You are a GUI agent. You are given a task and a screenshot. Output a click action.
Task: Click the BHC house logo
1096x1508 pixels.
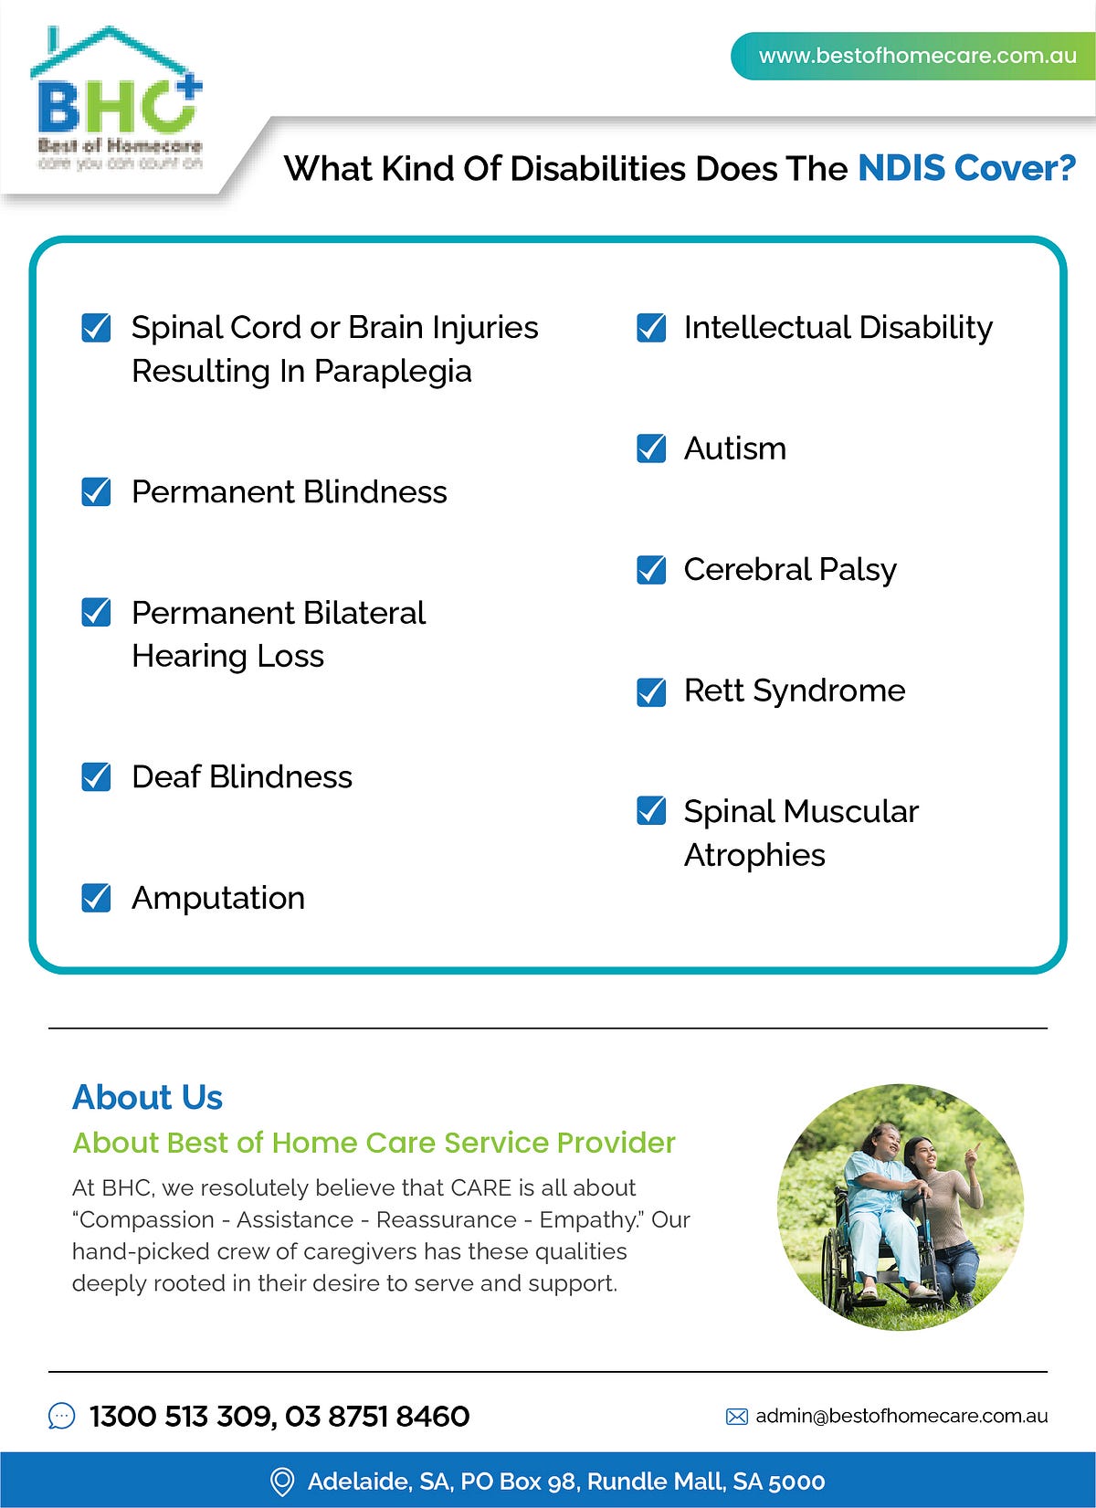117,96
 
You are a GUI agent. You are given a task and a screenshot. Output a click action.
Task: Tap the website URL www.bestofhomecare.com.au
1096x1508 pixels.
917,56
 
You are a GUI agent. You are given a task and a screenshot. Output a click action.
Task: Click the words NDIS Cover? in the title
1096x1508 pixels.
966,169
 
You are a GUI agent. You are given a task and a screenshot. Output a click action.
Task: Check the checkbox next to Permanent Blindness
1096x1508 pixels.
96,492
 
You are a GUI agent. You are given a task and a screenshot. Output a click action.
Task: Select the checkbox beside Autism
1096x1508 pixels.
651,448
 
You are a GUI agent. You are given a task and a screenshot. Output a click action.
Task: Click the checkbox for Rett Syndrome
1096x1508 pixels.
651,691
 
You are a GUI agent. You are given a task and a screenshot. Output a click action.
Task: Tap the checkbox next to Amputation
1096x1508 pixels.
96,898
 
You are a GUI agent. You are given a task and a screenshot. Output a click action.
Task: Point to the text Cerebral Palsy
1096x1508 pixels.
789,570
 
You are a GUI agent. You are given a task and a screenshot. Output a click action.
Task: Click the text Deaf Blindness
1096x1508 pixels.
241,777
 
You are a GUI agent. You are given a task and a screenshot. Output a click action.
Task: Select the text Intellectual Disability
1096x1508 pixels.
838,328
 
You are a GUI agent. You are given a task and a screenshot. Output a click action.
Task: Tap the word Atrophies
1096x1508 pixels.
754,856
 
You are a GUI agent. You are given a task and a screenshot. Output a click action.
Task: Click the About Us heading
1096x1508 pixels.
147,1097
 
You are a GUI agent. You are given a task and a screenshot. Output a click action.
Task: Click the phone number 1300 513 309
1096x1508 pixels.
181,1417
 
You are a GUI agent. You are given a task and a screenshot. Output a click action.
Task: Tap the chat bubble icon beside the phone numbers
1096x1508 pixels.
61,1417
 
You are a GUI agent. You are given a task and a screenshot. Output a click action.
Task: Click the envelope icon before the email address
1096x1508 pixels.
736,1417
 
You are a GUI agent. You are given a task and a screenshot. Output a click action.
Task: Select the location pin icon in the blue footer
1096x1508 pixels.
282,1482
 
